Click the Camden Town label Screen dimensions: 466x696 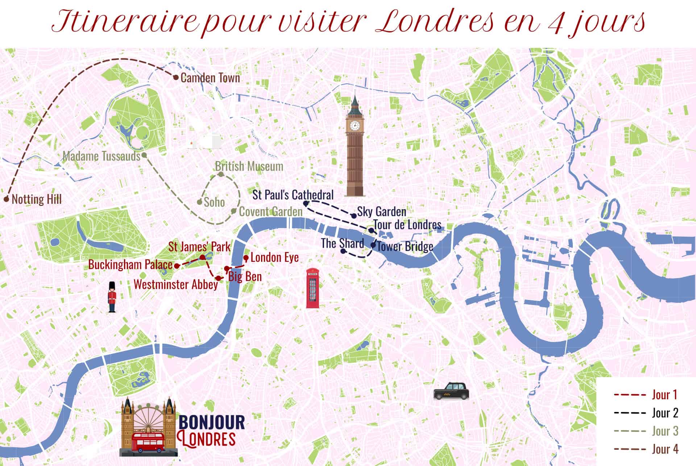[x=210, y=78]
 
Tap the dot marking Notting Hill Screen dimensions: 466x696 [x=6, y=199]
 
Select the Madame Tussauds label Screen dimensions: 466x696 [x=101, y=156]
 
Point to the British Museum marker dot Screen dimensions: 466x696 [x=221, y=175]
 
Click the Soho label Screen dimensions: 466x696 [x=214, y=202]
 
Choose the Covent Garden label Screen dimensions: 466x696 [x=270, y=211]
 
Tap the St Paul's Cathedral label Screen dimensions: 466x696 [x=293, y=195]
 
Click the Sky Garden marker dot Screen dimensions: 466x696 [x=354, y=216]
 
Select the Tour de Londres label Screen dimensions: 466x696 [x=407, y=224]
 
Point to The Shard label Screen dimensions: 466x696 [x=342, y=243]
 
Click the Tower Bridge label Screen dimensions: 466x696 [x=405, y=247]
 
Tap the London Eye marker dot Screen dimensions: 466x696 [x=246, y=258]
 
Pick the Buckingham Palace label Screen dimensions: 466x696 [x=130, y=264]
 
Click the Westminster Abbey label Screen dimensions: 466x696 [x=175, y=284]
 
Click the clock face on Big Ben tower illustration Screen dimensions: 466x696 [x=355, y=126]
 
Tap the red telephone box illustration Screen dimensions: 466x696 [x=312, y=288]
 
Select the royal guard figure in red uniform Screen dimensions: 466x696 [x=112, y=297]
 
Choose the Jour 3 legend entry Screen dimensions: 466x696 [x=665, y=431]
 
